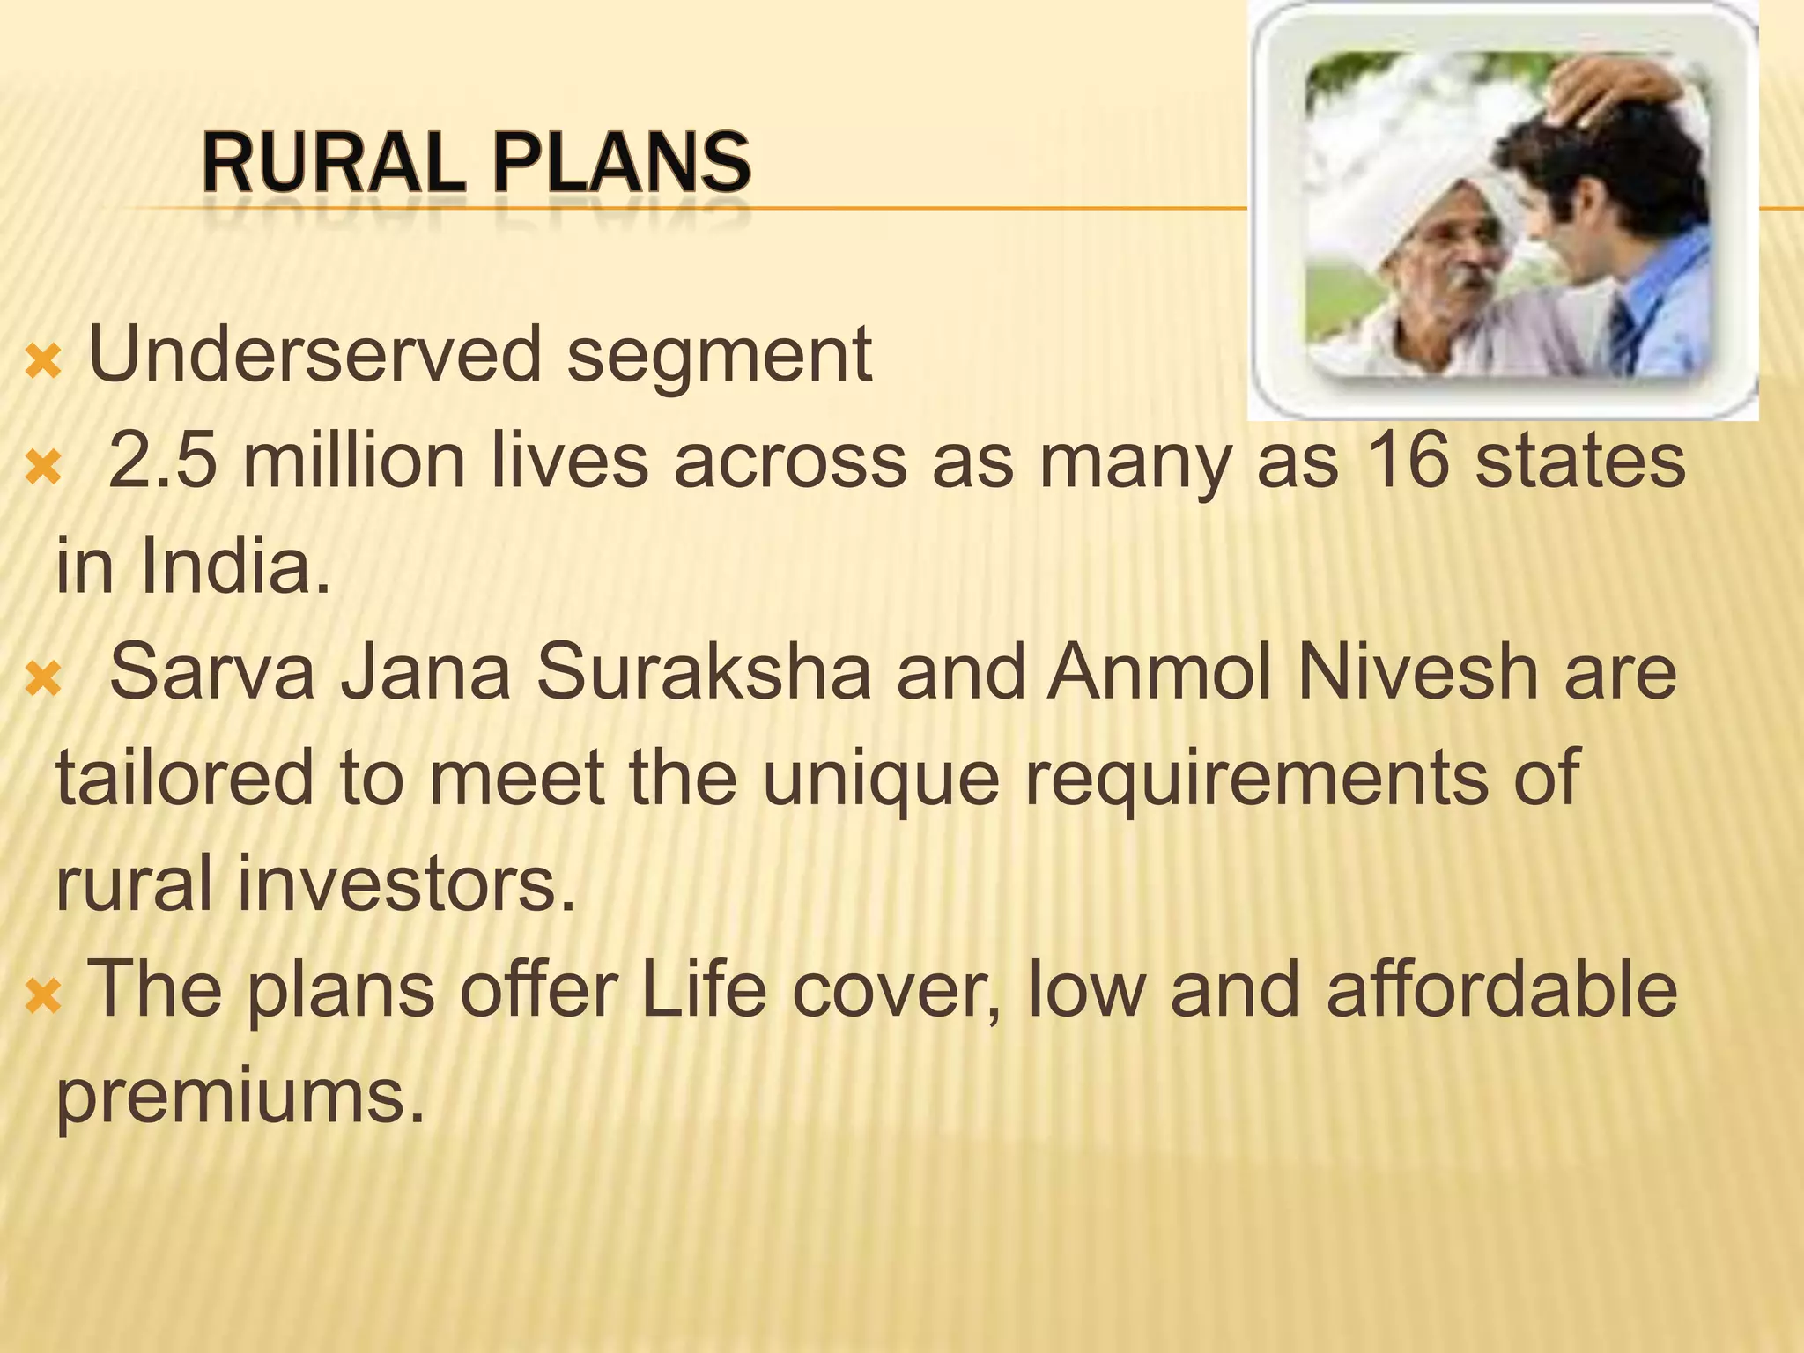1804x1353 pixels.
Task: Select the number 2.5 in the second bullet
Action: [162, 462]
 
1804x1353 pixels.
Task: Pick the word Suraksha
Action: [704, 673]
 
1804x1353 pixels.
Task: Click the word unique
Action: [880, 779]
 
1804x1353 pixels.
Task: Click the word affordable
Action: [1502, 990]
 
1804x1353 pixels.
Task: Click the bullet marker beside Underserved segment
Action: [42, 361]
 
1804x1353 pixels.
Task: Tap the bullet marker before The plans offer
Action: [42, 996]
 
